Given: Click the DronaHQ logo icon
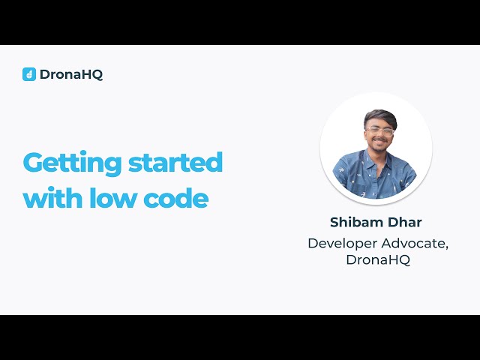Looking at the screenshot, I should (x=29, y=74).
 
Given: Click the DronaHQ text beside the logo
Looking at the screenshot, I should (x=71, y=74).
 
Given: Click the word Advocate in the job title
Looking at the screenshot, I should (x=418, y=243).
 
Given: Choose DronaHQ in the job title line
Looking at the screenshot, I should (x=378, y=260).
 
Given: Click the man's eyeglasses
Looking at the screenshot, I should (x=379, y=131).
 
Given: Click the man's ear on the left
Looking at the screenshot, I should (x=365, y=133).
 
